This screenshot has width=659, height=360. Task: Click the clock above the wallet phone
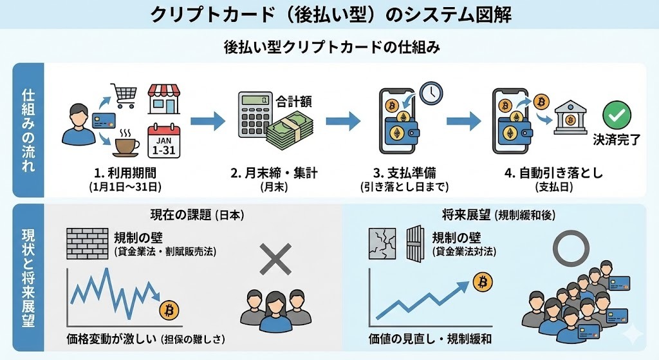click(x=431, y=93)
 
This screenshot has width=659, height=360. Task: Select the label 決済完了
click(x=616, y=140)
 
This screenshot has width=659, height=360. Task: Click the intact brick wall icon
click(x=88, y=242)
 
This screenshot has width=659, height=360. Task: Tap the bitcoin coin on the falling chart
click(x=169, y=310)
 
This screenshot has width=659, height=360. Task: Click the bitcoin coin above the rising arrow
click(x=483, y=281)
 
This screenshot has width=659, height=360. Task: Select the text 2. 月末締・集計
click(x=275, y=173)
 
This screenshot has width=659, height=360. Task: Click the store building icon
click(x=164, y=98)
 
